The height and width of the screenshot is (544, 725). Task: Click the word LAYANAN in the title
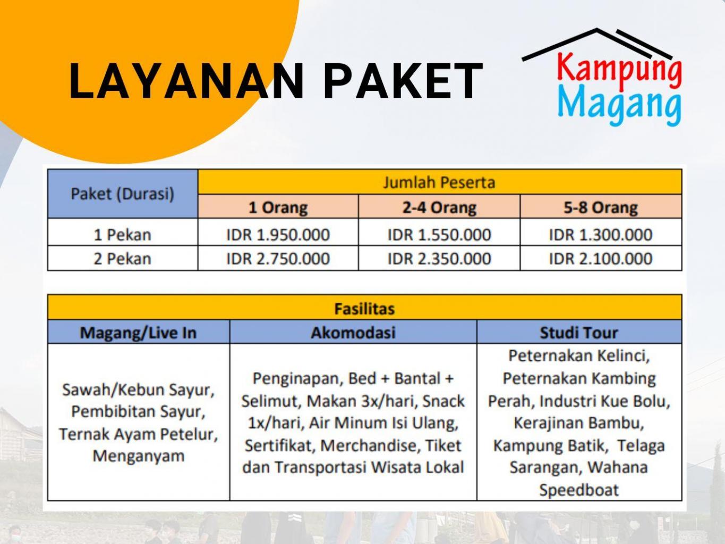[x=186, y=81]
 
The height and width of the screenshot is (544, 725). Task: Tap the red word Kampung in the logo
[x=619, y=70]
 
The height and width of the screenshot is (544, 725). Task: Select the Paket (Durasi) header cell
[x=123, y=193]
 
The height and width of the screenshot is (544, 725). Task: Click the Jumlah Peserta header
[x=439, y=182]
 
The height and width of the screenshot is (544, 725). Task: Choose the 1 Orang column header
[x=278, y=207]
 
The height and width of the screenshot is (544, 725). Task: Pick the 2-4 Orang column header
[x=439, y=207]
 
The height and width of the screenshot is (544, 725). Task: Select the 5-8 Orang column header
[x=601, y=207]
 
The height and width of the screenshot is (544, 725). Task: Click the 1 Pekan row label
[x=123, y=234]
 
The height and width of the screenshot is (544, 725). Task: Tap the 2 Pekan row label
[x=123, y=259]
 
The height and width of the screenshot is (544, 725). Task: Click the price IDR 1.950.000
[x=278, y=234]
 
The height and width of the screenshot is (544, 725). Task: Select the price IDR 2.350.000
[x=439, y=259]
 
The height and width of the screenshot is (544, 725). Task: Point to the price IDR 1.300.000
[x=601, y=234]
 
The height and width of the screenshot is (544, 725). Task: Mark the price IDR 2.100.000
[x=601, y=259]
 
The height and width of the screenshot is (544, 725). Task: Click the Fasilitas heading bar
[x=365, y=307]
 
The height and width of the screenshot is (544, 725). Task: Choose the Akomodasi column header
[x=353, y=332]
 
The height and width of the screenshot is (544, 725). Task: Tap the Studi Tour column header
[x=579, y=332]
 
